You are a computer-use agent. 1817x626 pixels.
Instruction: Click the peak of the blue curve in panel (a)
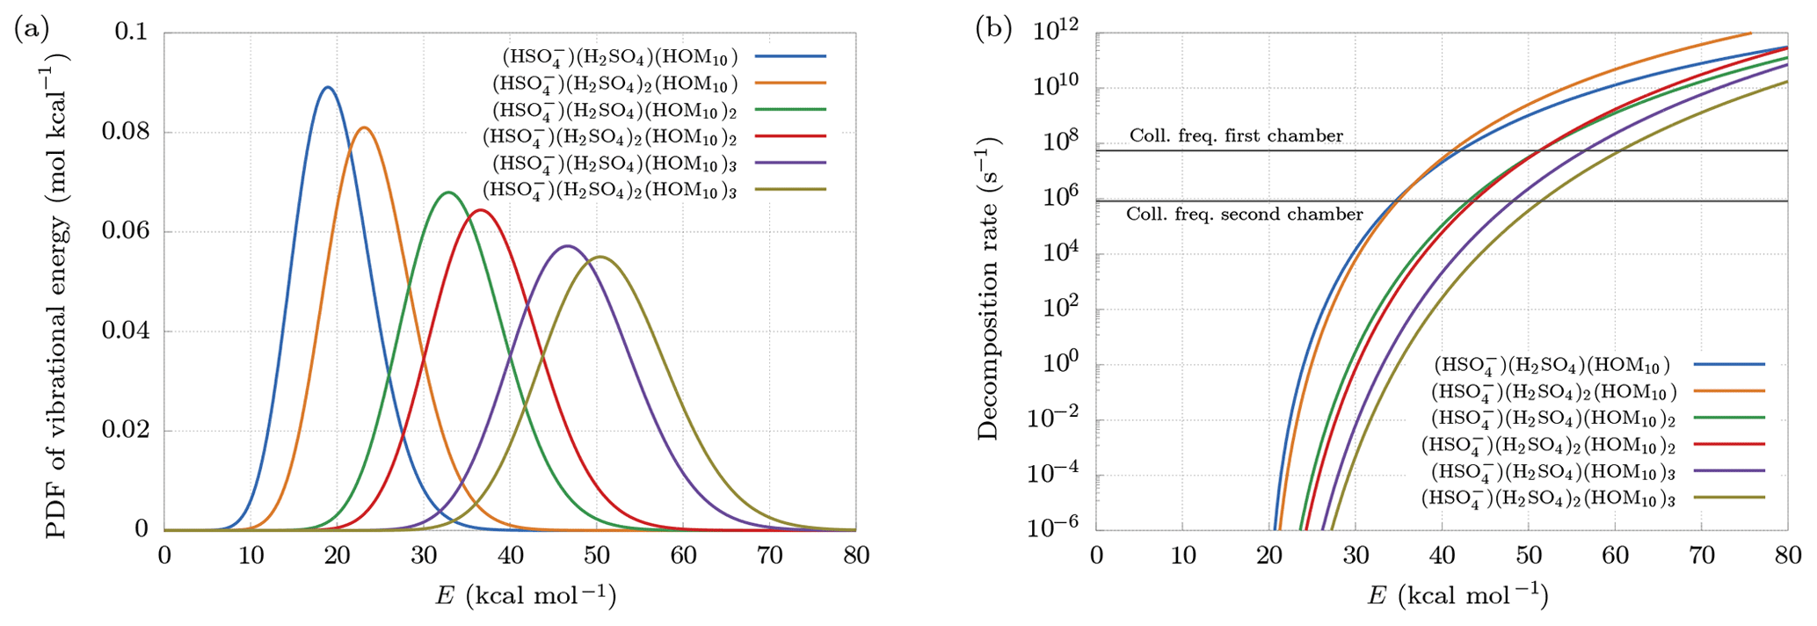tap(328, 87)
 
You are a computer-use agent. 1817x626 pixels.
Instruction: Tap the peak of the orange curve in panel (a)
tap(364, 127)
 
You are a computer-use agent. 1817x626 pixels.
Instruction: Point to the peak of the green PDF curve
tap(448, 192)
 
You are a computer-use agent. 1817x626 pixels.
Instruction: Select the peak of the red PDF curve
tap(479, 209)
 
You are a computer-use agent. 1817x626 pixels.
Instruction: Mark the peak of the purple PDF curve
tap(567, 245)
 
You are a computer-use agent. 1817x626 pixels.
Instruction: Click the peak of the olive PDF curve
tap(601, 257)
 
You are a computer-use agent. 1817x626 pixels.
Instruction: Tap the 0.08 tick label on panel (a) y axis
tap(126, 132)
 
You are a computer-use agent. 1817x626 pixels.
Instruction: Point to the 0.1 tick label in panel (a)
tap(132, 33)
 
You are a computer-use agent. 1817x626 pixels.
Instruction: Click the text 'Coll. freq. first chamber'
tap(1236, 135)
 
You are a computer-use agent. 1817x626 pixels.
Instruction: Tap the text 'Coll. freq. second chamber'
tap(1244, 214)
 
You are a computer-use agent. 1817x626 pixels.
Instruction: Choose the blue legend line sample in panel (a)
tap(790, 56)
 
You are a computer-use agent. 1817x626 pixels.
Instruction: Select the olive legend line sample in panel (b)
tap(1729, 497)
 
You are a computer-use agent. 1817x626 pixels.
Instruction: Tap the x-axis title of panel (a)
tap(526, 595)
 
